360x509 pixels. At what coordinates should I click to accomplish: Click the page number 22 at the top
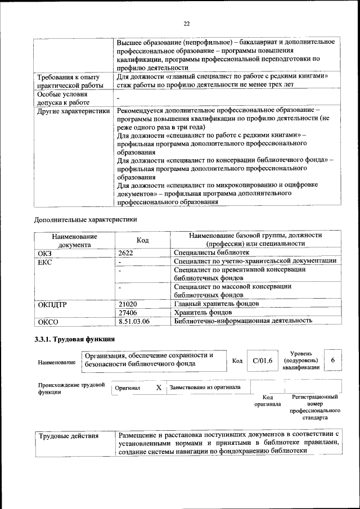(186, 23)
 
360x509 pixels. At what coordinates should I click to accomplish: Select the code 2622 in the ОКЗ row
(126, 253)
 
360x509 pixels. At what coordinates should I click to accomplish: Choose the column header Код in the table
(142, 240)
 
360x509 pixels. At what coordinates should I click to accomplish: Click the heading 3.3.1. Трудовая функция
(75, 339)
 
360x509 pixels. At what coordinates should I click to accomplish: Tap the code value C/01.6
(262, 361)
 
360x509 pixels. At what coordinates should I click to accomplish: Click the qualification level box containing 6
(332, 360)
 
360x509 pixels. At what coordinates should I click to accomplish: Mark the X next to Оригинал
(159, 388)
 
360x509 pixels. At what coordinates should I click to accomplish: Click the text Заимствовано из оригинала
(205, 388)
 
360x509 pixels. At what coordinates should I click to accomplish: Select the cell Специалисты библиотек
(211, 253)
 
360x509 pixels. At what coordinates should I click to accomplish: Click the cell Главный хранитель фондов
(217, 304)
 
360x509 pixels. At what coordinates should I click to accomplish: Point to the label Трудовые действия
(68, 435)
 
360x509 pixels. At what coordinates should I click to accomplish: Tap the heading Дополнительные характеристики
(85, 219)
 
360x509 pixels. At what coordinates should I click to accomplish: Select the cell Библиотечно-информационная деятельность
(251, 321)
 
